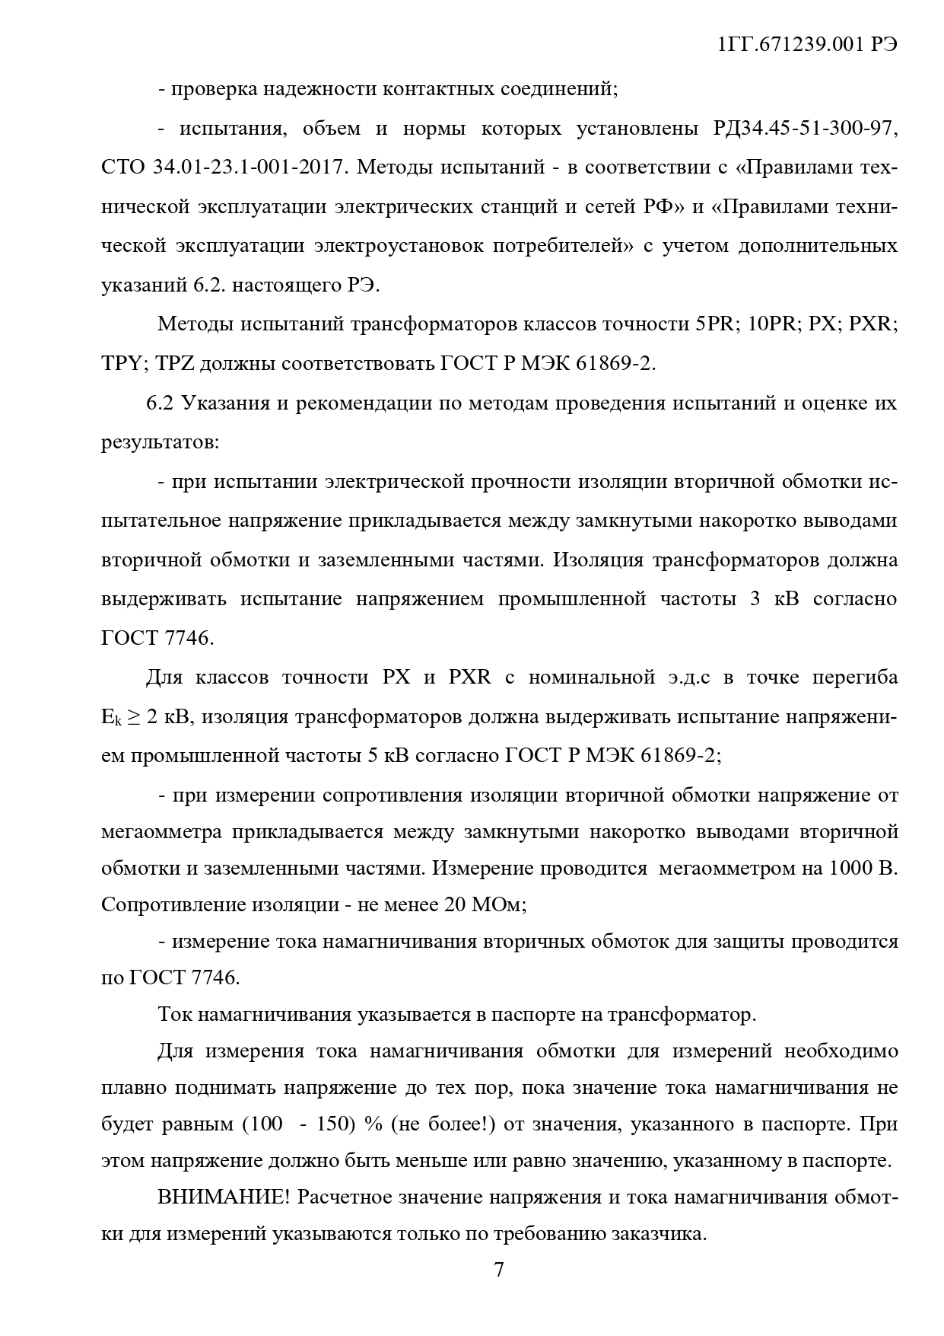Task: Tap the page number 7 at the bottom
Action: pyautogui.click(x=499, y=1270)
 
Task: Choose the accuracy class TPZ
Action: pyautogui.click(x=175, y=364)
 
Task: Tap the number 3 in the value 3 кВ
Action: pyautogui.click(x=755, y=598)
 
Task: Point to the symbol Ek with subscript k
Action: pyautogui.click(x=109, y=717)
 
